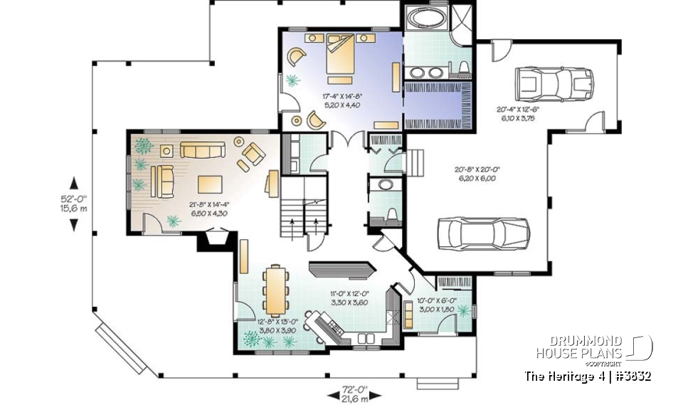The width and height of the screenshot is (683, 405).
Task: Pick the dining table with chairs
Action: coord(274,289)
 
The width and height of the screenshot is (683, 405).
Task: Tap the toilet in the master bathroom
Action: coord(463,69)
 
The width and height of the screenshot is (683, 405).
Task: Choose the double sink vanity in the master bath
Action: coord(425,71)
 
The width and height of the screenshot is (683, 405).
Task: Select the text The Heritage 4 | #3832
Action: coord(587,375)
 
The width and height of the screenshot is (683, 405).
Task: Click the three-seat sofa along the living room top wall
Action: coord(202,149)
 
